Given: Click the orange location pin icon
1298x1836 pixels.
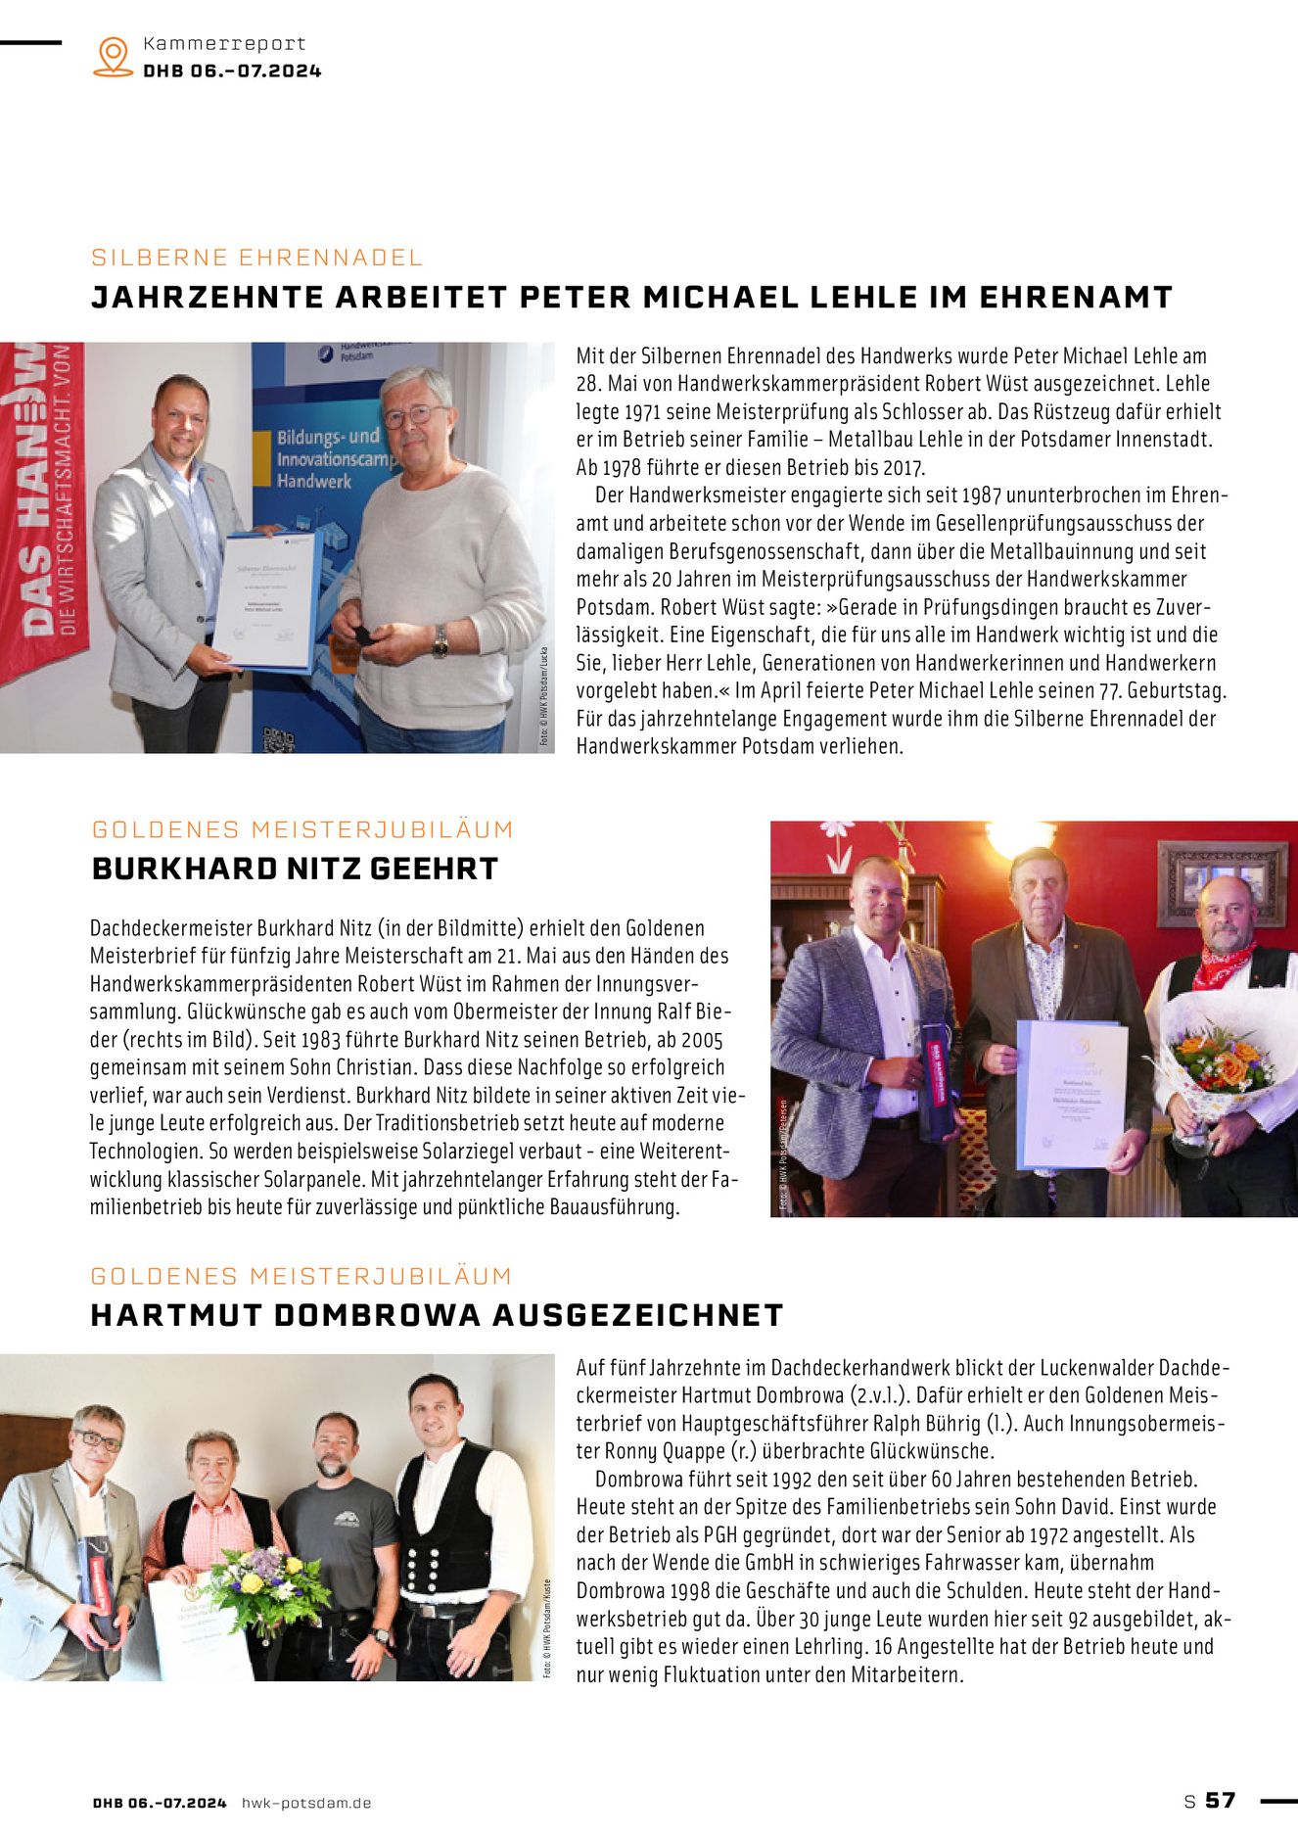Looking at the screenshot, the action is [x=114, y=56].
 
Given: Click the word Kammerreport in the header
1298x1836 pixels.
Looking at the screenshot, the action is [x=224, y=43].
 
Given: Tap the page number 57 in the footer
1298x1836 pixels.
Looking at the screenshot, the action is [x=1220, y=1800].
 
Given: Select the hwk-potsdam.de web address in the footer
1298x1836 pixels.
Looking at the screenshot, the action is [x=306, y=1803].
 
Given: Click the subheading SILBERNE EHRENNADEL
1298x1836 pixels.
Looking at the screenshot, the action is [x=256, y=258].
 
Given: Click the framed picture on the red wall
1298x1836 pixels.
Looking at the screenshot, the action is [x=1223, y=880].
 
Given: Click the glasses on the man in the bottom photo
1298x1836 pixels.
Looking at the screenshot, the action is [x=97, y=1440].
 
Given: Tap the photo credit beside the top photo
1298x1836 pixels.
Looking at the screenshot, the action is [x=545, y=696].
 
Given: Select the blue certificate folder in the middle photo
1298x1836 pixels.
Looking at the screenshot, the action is [x=1071, y=1093].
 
